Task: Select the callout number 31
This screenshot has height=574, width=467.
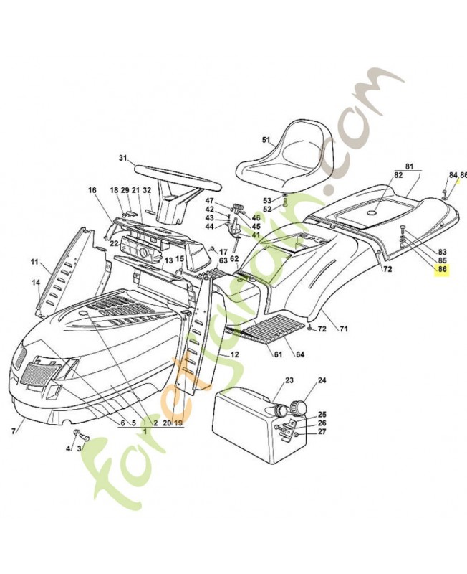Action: pos(122,158)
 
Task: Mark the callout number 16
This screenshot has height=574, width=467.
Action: pos(92,190)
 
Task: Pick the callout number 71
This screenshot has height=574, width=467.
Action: pos(343,329)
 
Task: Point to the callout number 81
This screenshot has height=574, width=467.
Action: pos(410,166)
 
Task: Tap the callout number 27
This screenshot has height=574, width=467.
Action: pos(322,432)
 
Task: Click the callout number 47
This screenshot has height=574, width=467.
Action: pos(210,200)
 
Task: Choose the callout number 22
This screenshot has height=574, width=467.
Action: pos(114,243)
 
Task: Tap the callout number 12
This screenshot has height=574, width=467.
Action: pos(235,354)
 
